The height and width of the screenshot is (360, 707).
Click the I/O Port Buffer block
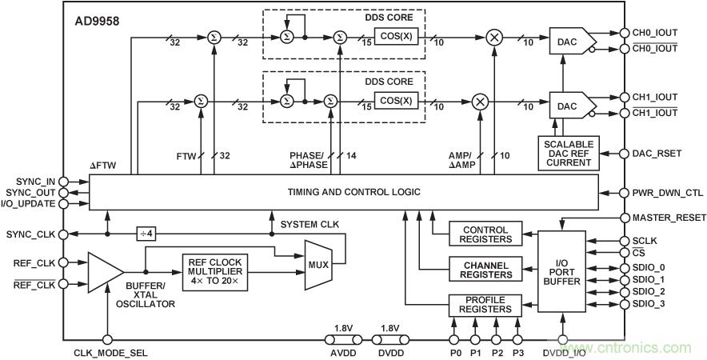click(x=563, y=271)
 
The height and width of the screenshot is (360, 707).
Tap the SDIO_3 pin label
click(x=649, y=304)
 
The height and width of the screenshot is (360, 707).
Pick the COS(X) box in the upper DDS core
click(x=396, y=37)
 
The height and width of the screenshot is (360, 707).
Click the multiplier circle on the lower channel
click(x=480, y=101)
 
